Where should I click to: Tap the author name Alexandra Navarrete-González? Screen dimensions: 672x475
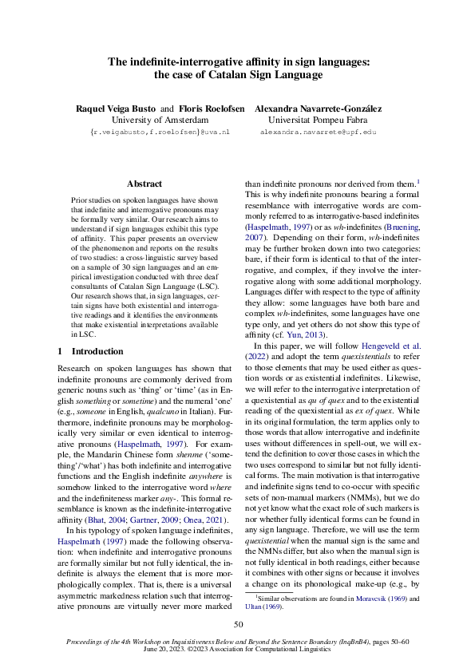pos(318,108)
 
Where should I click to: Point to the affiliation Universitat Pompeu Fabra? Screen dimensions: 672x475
pos(318,120)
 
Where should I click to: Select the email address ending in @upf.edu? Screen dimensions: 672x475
pos(318,132)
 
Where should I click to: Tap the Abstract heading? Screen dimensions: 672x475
pos(144,184)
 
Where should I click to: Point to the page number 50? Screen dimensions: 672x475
pos(237,624)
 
